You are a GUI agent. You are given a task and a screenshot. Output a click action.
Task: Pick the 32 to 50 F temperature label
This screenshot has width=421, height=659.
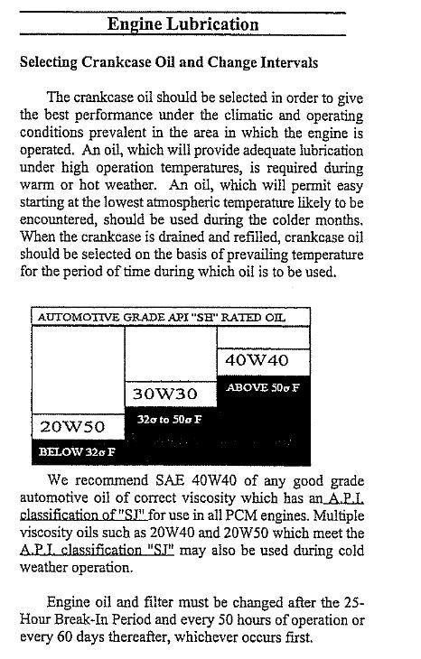point(169,420)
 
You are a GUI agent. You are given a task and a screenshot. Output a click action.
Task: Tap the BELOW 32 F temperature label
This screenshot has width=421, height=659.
point(77,450)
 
